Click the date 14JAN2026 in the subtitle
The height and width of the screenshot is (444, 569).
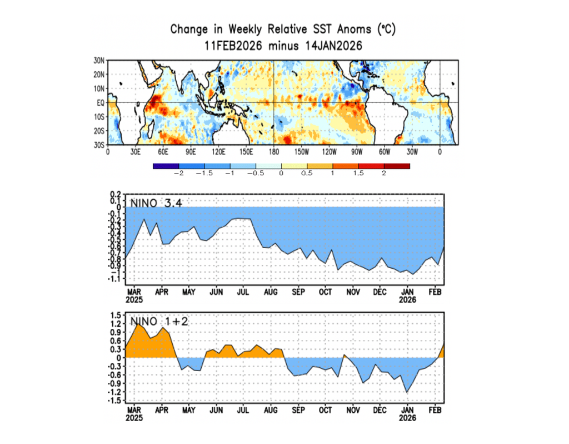(x=331, y=46)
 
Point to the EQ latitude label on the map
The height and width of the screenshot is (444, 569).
(x=100, y=103)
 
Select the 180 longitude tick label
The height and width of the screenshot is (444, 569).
(x=273, y=151)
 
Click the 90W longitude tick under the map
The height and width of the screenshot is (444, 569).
(x=356, y=151)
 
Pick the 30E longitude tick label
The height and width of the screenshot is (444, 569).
(x=134, y=151)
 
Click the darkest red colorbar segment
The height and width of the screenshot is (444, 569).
(x=397, y=166)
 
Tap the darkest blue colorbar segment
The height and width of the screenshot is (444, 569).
(x=166, y=166)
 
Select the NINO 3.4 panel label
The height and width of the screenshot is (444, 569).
(x=156, y=203)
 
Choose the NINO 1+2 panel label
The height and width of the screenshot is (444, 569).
(x=156, y=320)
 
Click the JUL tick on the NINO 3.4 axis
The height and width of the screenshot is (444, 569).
(x=243, y=291)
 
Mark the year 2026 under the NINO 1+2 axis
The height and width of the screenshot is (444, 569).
(x=408, y=418)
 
